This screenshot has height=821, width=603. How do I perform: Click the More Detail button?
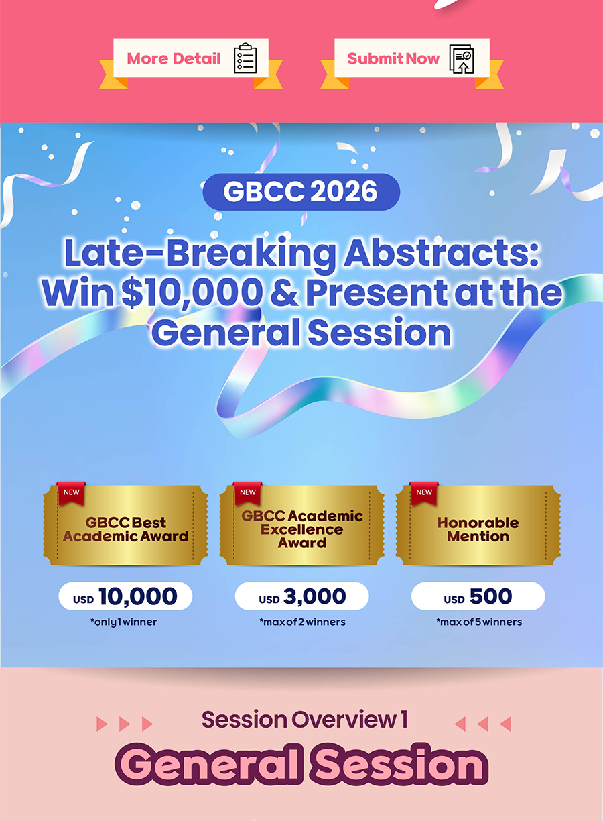point(191,58)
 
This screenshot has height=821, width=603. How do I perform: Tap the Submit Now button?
point(412,58)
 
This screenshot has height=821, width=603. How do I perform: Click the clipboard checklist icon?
point(245,58)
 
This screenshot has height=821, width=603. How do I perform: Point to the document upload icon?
point(462,59)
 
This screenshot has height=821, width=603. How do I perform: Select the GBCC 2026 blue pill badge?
point(301,192)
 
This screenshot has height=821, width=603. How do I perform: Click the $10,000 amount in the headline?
point(192,292)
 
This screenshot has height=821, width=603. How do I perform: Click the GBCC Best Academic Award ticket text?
point(125,529)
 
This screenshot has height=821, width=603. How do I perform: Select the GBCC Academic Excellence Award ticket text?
point(302,529)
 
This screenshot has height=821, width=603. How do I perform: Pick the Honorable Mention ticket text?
point(478,529)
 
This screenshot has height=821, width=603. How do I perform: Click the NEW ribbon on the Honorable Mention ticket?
point(424,493)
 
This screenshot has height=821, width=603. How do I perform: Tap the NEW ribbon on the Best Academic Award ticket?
point(72,493)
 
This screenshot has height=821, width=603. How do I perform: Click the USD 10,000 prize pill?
point(125,596)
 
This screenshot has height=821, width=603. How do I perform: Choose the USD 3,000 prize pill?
point(301,596)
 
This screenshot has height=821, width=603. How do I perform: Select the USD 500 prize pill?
point(478,596)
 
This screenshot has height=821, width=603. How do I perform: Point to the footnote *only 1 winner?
point(124,622)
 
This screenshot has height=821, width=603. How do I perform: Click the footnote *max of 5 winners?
point(479,622)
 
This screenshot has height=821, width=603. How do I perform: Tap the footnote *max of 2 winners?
point(302,622)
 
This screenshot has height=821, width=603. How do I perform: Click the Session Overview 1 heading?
point(305,720)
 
